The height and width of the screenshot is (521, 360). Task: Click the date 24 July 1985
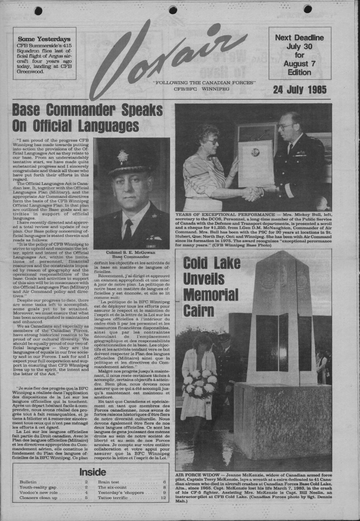[x=300, y=90]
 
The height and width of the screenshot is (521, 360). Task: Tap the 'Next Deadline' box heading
[x=299, y=38]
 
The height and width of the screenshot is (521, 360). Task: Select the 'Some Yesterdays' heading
[x=44, y=39]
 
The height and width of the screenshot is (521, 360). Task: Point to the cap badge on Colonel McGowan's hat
[x=123, y=156]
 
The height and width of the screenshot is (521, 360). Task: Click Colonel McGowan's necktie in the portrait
[x=127, y=229]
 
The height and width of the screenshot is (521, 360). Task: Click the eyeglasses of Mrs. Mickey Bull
[x=214, y=142]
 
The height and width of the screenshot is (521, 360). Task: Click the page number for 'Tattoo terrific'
[x=163, y=498]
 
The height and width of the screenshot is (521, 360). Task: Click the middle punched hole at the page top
[x=173, y=10]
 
